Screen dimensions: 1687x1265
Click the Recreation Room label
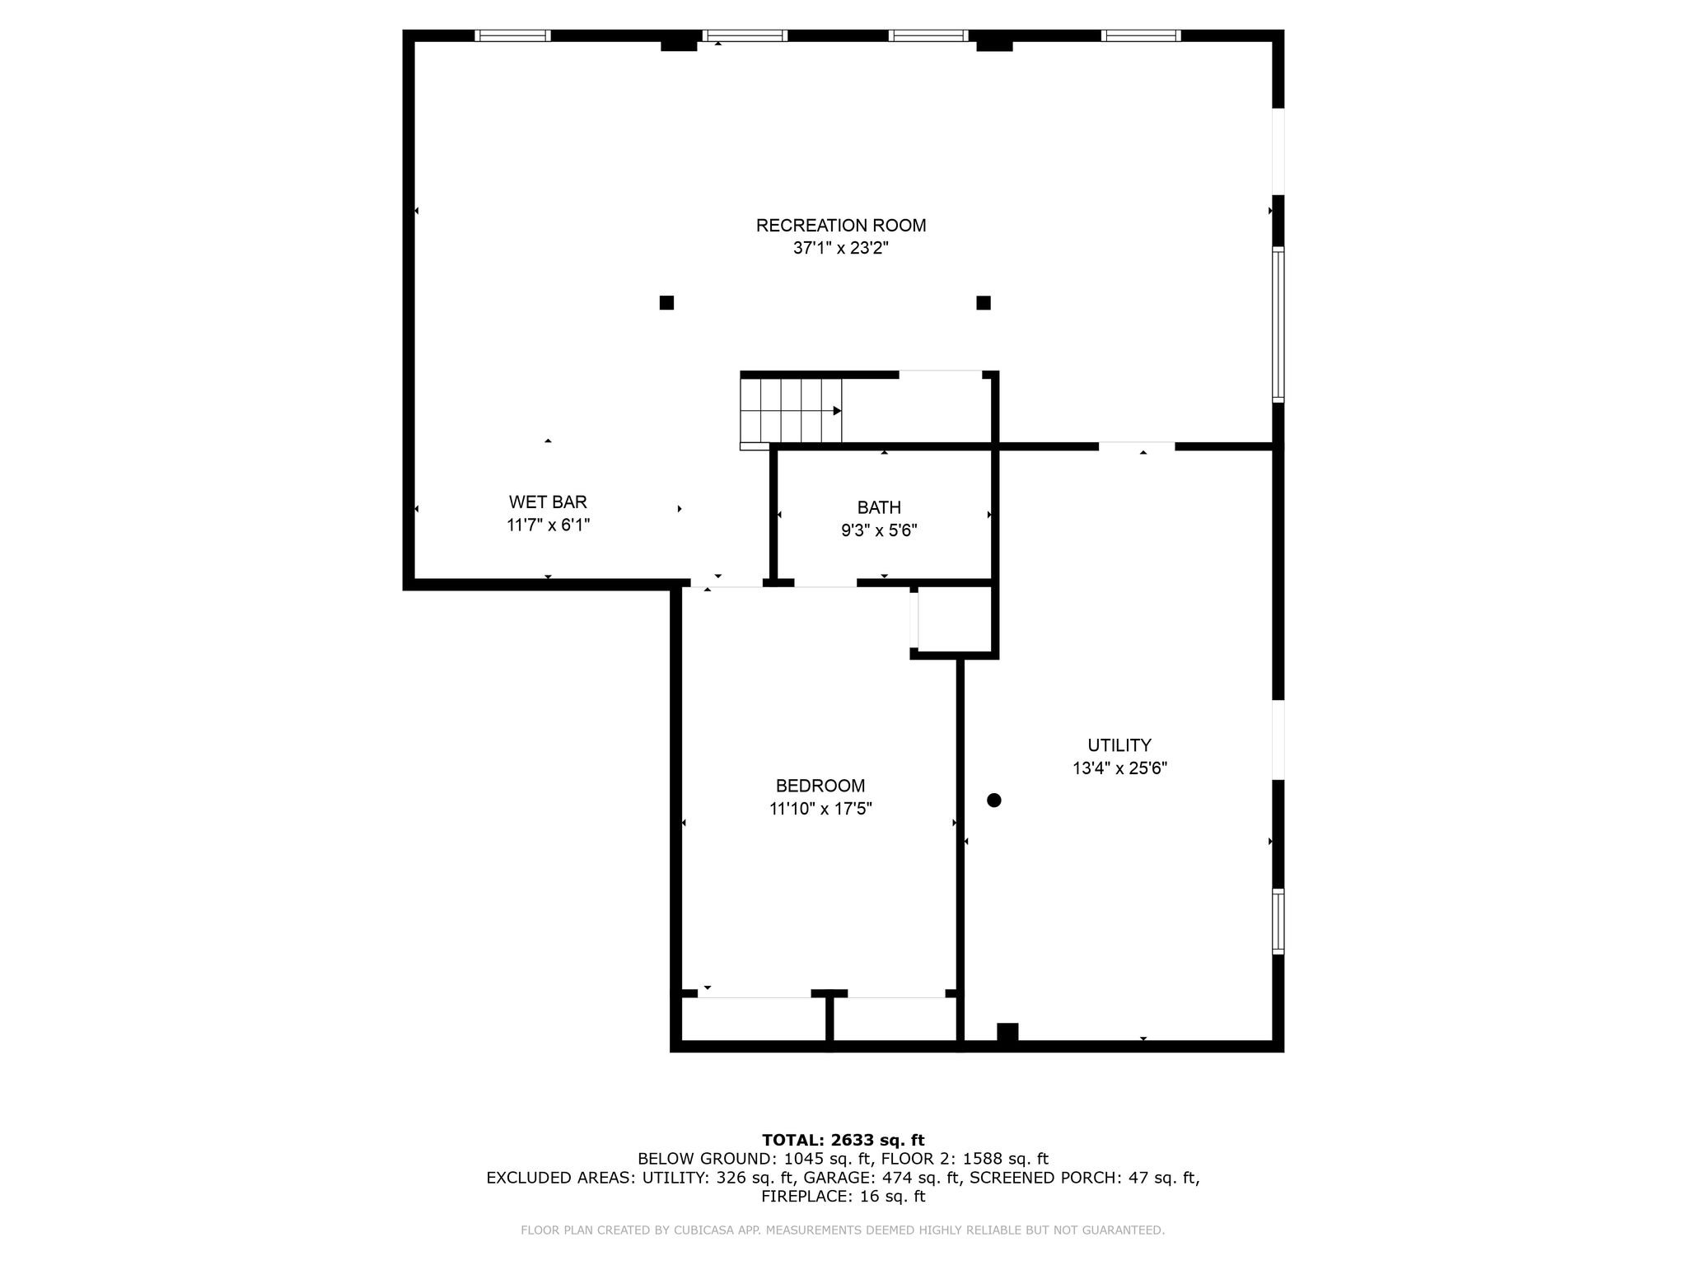(841, 225)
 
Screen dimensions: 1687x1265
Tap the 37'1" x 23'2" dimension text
(841, 248)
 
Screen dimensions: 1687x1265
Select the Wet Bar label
(548, 502)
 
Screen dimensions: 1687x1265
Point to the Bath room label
(879, 507)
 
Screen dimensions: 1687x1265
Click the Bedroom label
(820, 786)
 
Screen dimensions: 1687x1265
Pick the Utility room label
(1119, 745)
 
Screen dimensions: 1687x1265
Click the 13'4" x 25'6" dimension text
(1119, 768)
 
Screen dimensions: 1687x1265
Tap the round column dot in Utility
(994, 800)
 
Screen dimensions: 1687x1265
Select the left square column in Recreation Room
(666, 302)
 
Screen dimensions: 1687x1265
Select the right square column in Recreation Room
(984, 302)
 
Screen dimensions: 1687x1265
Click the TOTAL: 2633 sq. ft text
(843, 1140)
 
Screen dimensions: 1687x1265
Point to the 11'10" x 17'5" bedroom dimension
(820, 809)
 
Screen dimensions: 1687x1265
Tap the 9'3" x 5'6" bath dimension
(879, 530)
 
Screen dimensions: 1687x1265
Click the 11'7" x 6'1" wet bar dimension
(548, 525)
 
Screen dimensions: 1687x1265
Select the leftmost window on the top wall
(512, 35)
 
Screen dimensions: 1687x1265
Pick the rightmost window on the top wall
(1141, 35)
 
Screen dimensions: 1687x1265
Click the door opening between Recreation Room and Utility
(1137, 446)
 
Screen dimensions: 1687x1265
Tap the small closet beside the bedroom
(954, 619)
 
